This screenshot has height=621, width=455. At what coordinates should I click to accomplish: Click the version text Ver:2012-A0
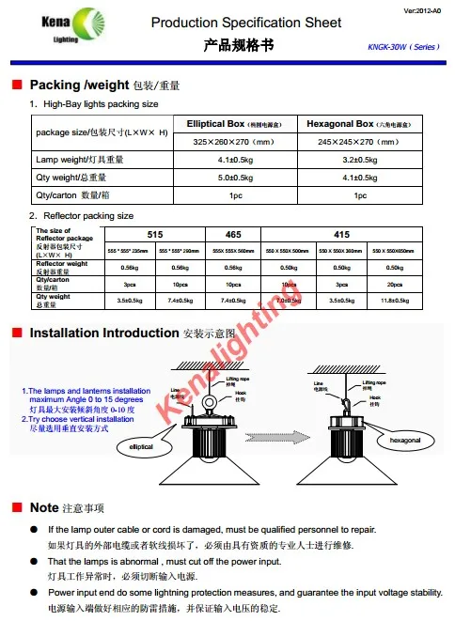(x=424, y=10)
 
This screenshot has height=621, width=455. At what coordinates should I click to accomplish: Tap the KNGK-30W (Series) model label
(x=401, y=46)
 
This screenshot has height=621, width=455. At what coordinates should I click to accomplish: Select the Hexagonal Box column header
(x=360, y=124)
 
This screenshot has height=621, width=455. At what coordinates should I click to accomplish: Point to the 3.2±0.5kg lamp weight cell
(x=360, y=160)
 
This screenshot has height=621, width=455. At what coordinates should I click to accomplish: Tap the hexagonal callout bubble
(x=395, y=440)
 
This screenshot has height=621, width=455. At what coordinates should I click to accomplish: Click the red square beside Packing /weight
(x=16, y=85)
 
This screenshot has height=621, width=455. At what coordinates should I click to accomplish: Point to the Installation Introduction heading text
(x=103, y=333)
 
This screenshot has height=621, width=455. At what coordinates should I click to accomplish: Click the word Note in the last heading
(x=44, y=507)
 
